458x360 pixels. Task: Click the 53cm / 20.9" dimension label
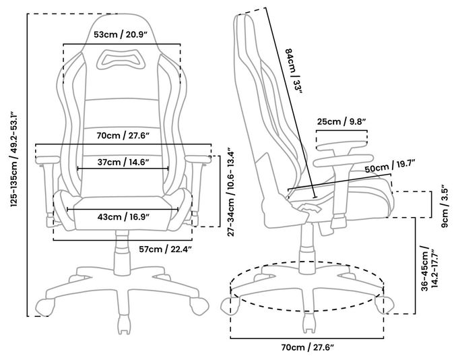pos(121,35)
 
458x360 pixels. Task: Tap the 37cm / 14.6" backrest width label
pos(123,162)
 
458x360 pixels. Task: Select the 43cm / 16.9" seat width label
pos(123,217)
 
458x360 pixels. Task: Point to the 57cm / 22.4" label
pos(165,249)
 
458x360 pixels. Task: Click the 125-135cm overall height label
pos(14,159)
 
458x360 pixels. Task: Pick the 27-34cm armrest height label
pos(231,192)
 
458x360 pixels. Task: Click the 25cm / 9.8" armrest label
pos(341,121)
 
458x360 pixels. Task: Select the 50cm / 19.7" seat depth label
pos(390,167)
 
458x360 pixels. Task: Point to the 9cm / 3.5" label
pos(445,206)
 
